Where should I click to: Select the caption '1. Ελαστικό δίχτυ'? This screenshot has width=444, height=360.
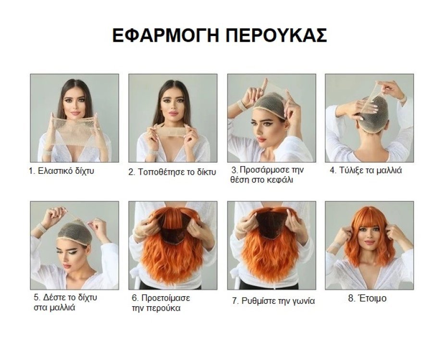click(61, 171)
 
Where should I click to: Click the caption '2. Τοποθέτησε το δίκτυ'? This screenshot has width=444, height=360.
click(172, 171)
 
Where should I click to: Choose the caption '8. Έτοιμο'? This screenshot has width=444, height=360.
click(367, 299)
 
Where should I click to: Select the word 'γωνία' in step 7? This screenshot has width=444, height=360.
click(302, 301)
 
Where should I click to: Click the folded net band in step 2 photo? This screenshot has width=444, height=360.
click(172, 131)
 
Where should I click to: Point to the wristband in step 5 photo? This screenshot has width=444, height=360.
click(42, 228)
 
